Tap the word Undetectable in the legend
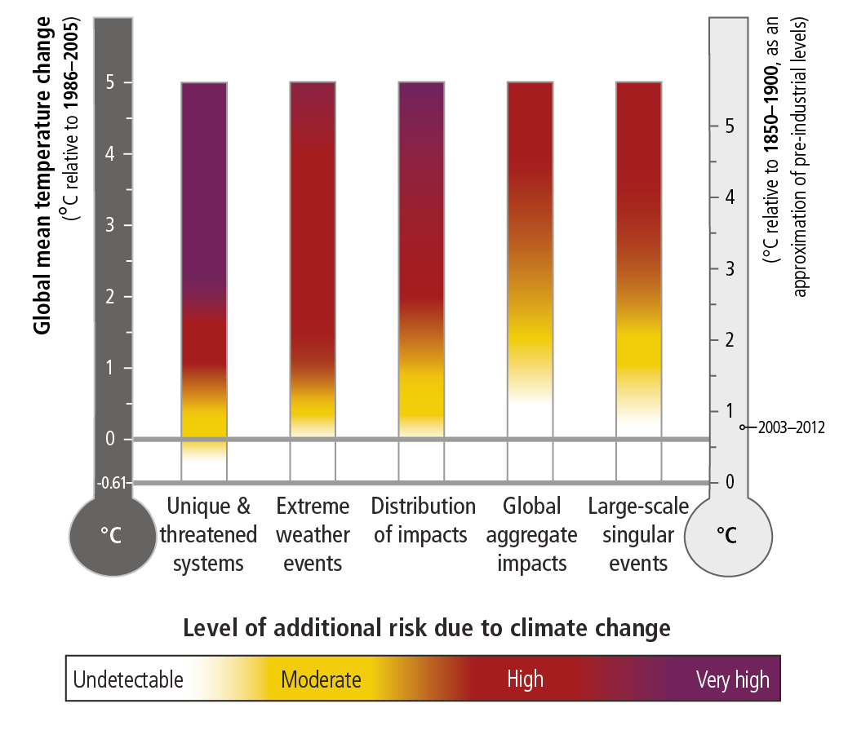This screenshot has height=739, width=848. point(128,679)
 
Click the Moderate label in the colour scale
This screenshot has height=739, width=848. point(321,679)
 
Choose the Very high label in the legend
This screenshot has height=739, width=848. point(732,679)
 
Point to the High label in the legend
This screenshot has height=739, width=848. point(525,679)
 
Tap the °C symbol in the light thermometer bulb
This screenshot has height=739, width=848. point(726,536)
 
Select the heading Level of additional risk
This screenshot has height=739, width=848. point(426,628)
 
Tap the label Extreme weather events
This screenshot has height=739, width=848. point(313,534)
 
